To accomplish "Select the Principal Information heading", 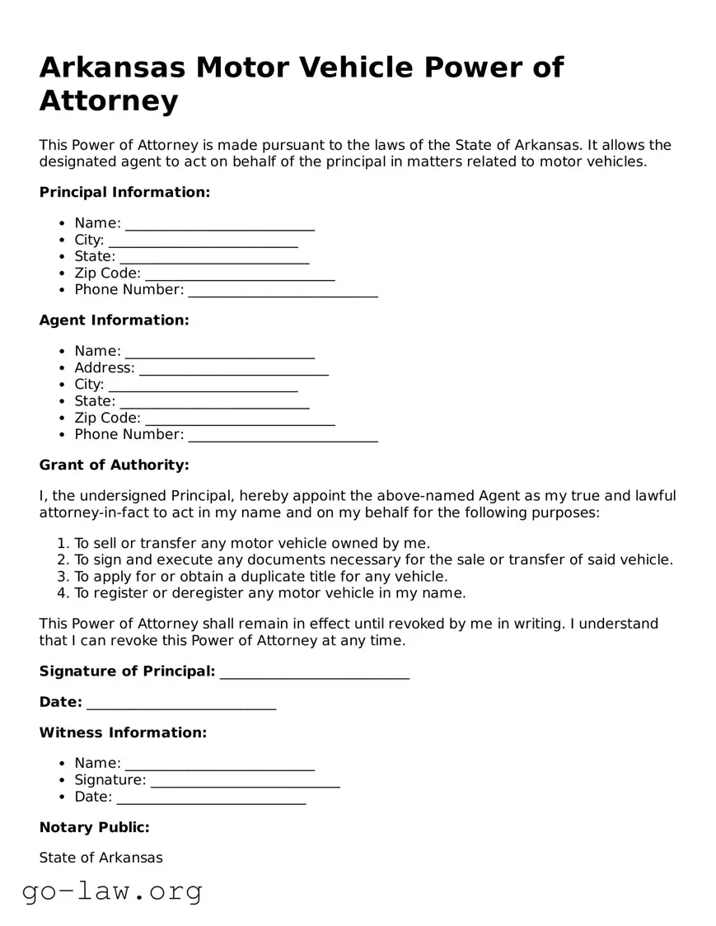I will (124, 192).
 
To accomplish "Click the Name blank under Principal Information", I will (219, 224).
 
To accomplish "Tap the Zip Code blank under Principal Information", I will (240, 274).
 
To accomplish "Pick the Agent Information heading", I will (114, 320).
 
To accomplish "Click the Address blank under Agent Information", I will (233, 368).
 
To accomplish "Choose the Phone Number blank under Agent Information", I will (283, 435).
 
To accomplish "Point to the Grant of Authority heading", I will (114, 465).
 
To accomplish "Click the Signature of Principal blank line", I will (315, 672).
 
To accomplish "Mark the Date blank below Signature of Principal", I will (180, 703).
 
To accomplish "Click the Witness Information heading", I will (123, 732).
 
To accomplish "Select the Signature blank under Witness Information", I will (245, 781).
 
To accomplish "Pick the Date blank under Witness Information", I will (211, 797).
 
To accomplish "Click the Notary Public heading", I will (94, 827).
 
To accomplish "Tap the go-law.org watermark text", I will (112, 891).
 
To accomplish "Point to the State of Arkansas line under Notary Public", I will (101, 858).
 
